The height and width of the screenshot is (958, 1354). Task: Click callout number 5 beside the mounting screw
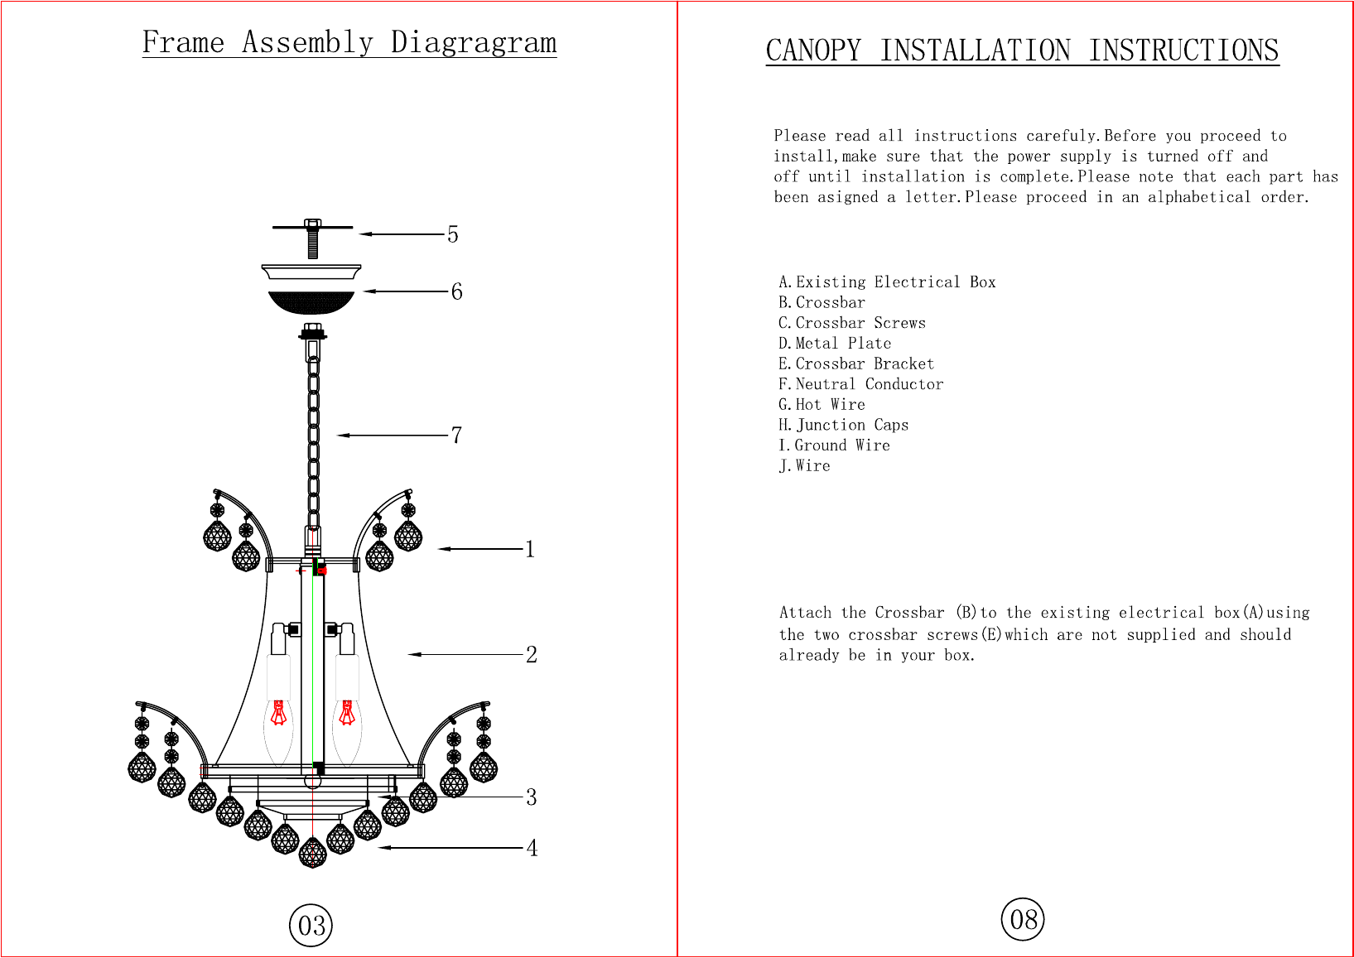tap(452, 234)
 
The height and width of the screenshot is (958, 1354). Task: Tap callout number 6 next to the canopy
tap(456, 291)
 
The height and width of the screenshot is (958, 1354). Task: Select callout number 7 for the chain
tap(456, 435)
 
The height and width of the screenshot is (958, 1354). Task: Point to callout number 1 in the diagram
tap(530, 549)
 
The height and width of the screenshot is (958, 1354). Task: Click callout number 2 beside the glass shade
tap(531, 654)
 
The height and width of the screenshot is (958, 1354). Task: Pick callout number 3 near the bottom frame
tap(531, 797)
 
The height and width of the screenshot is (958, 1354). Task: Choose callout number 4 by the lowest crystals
tap(532, 848)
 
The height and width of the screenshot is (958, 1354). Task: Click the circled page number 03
tap(311, 925)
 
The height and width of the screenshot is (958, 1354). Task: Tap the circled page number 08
tap(1023, 919)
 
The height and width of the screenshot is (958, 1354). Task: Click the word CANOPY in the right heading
tap(812, 51)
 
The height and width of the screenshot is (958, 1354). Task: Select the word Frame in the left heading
tap(183, 42)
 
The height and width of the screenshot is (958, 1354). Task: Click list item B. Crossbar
tap(822, 302)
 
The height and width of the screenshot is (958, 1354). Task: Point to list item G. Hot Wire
tap(822, 404)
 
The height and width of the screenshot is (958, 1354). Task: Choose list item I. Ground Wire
tap(834, 445)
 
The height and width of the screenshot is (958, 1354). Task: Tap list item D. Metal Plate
tap(835, 343)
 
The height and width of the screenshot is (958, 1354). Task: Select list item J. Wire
tap(804, 465)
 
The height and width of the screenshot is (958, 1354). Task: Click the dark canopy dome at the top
tap(311, 301)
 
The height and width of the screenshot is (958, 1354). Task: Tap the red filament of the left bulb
tap(279, 712)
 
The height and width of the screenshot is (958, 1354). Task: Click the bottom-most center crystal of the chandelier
tap(312, 853)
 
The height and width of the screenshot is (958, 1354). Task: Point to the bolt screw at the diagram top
tap(312, 239)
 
